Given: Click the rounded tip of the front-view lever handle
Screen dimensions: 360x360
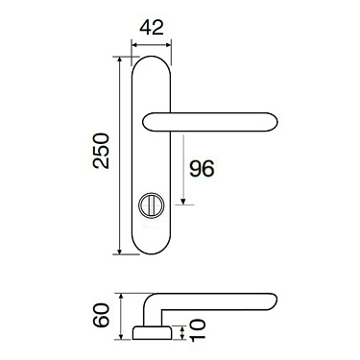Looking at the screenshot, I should (273, 121).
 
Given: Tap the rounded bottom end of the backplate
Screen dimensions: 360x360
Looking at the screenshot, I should (152, 248).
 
